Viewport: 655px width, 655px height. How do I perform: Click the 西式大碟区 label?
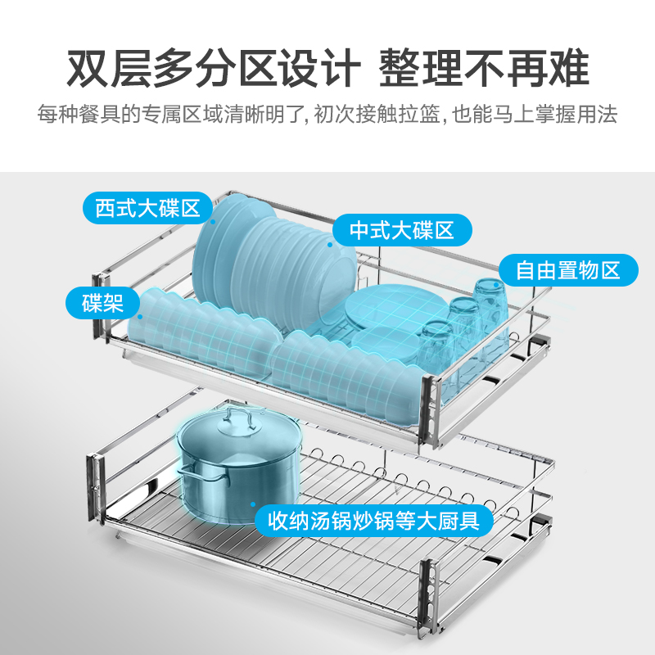147,208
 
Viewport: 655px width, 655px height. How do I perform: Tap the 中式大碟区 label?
401,230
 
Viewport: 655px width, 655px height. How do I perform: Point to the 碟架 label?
102,304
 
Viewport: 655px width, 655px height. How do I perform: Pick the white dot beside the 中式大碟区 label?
332,242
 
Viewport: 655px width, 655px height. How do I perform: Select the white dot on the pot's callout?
253,506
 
